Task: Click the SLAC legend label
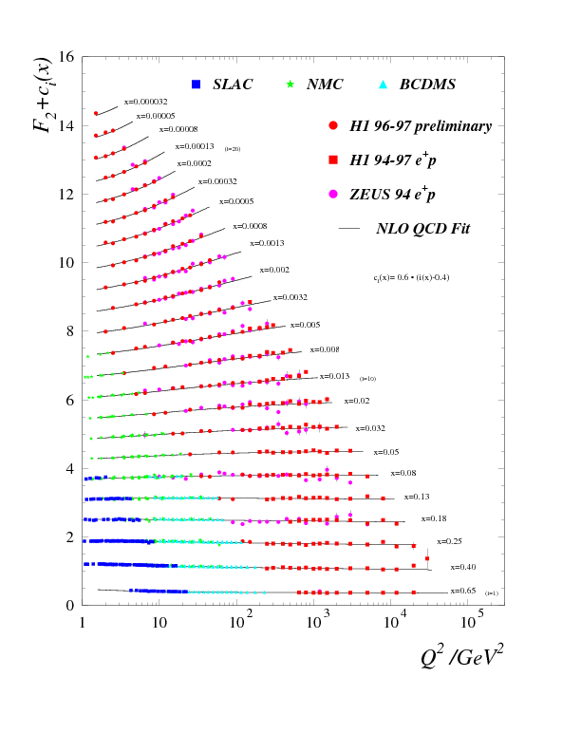coord(233,85)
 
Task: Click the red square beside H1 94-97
coord(333,160)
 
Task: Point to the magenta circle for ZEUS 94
coord(333,194)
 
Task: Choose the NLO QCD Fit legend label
coord(422,229)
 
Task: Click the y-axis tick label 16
coord(66,57)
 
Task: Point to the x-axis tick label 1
coord(84,624)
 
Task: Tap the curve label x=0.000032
coord(145,100)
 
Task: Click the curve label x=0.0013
coord(268,243)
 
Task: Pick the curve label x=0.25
coord(449,541)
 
